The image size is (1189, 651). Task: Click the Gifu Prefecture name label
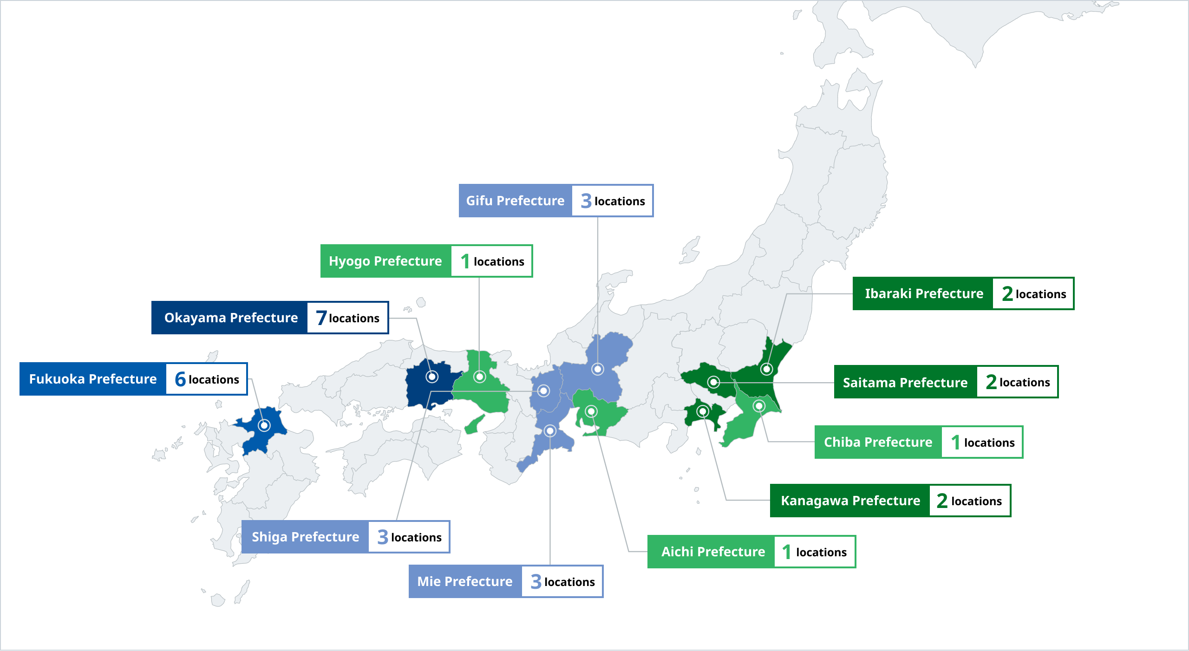[x=515, y=201]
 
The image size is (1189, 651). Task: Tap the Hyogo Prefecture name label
[x=385, y=261]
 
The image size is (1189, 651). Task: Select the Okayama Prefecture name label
[x=231, y=318]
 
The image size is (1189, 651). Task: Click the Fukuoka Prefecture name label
[x=93, y=379]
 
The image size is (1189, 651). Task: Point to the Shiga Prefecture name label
[x=305, y=537]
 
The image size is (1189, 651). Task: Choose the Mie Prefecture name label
[x=465, y=581]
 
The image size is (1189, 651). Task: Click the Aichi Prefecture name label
[x=713, y=552]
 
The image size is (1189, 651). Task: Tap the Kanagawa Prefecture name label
[x=850, y=501]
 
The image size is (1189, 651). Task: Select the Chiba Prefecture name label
[x=878, y=442]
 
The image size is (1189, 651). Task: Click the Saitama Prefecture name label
[x=905, y=382]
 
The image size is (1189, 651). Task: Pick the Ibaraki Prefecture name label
[x=924, y=293]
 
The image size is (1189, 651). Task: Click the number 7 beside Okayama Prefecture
[x=321, y=318]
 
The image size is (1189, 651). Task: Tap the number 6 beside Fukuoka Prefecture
[x=180, y=379]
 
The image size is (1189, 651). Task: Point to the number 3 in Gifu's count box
[x=586, y=201]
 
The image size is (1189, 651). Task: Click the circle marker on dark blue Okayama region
[x=432, y=377]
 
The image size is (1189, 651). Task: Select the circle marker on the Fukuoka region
[x=264, y=425]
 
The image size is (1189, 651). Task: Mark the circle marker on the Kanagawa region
[x=703, y=411]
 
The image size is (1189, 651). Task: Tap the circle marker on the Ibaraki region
[x=766, y=369]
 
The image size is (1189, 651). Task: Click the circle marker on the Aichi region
[x=591, y=411]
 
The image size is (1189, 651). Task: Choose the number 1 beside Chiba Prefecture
[x=955, y=443]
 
